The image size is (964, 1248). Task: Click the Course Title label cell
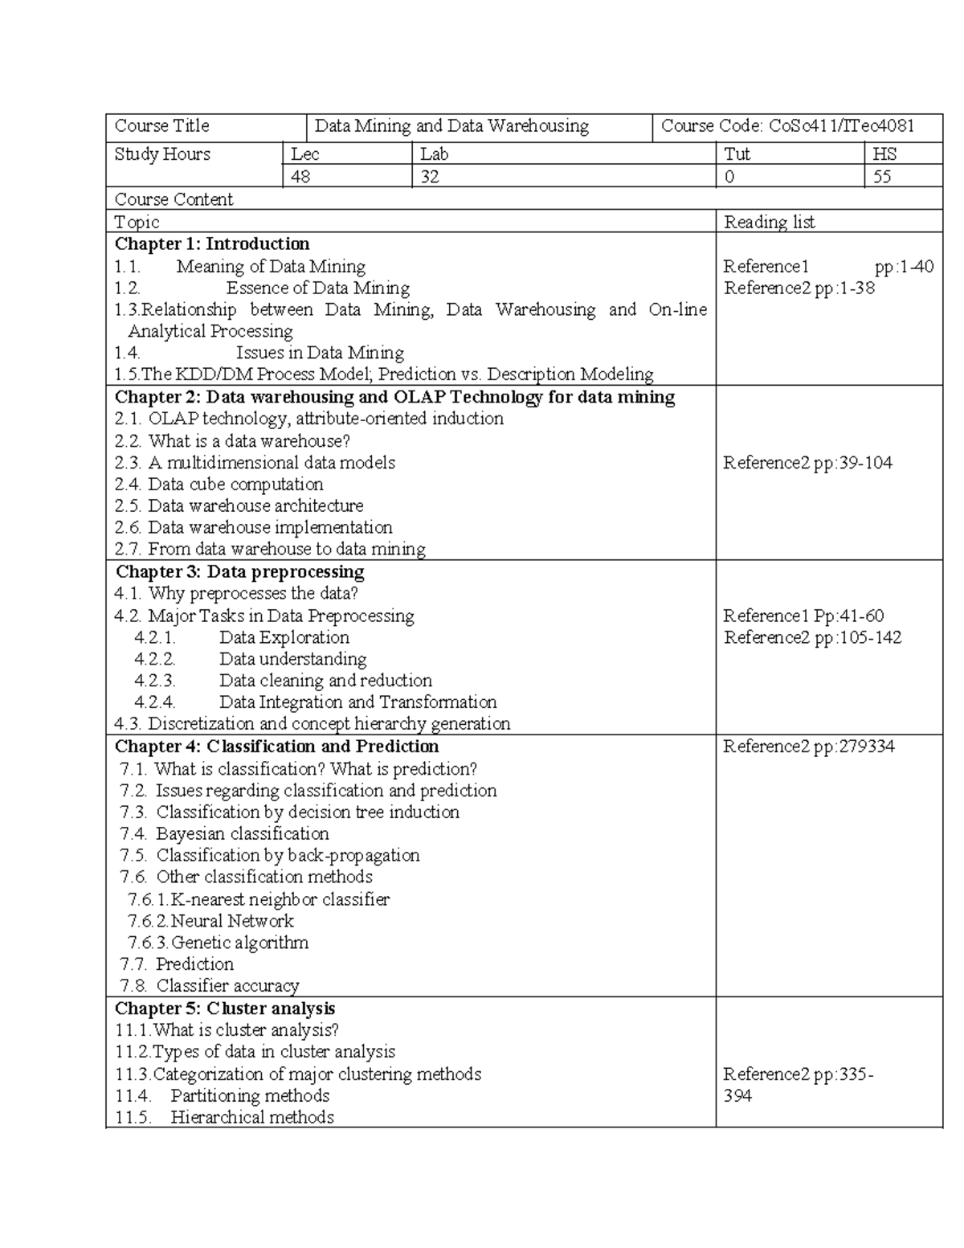[162, 126]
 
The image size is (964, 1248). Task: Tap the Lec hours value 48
[301, 177]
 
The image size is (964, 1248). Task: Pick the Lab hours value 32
[430, 177]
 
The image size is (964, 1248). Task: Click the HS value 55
[882, 177]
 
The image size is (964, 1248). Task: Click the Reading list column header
[769, 222]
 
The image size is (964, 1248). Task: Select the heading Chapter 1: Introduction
[212, 243]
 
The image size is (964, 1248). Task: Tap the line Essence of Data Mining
[317, 288]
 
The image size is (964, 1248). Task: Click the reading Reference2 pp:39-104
[807, 463]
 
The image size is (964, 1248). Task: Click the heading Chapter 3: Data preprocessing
[239, 571]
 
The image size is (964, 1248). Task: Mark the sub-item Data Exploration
[284, 637]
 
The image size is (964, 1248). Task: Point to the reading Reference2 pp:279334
[808, 747]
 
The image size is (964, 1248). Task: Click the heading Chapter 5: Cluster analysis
[225, 1009]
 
